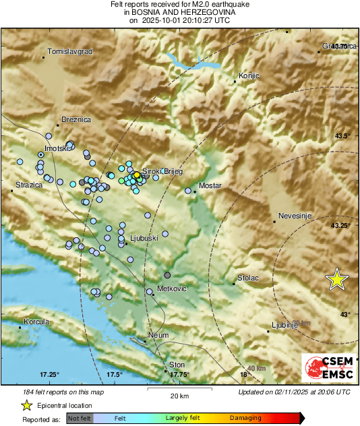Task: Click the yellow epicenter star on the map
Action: pos(336,279)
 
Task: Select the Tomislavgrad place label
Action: pos(69,52)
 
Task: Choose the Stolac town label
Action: pos(249,277)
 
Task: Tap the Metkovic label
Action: pos(171,288)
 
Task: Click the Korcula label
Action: pos(36,322)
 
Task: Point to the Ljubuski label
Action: pos(144,239)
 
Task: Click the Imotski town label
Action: pos(57,148)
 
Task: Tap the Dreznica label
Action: pos(76,119)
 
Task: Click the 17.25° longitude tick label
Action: pos(49,375)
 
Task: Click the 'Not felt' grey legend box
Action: pos(79,419)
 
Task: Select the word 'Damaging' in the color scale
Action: pos(246,419)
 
